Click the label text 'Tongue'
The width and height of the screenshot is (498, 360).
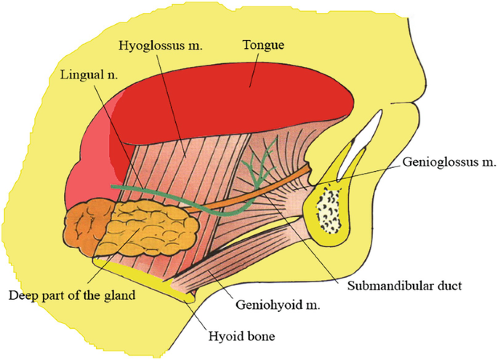tap(262, 45)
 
